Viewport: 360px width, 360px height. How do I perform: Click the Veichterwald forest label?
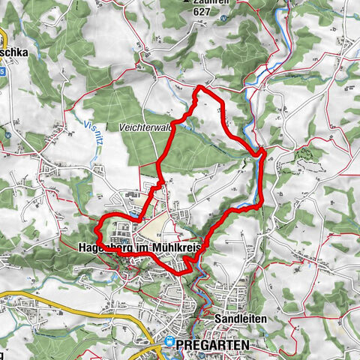pyautogui.click(x=145, y=128)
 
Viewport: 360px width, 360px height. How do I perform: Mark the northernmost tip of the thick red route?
pyautogui.click(x=199, y=88)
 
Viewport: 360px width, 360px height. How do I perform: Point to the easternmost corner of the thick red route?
pyautogui.click(x=263, y=154)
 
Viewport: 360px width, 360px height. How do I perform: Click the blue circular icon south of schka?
pyautogui.click(x=7, y=136)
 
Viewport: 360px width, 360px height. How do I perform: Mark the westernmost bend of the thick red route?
pyautogui.click(x=97, y=229)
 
